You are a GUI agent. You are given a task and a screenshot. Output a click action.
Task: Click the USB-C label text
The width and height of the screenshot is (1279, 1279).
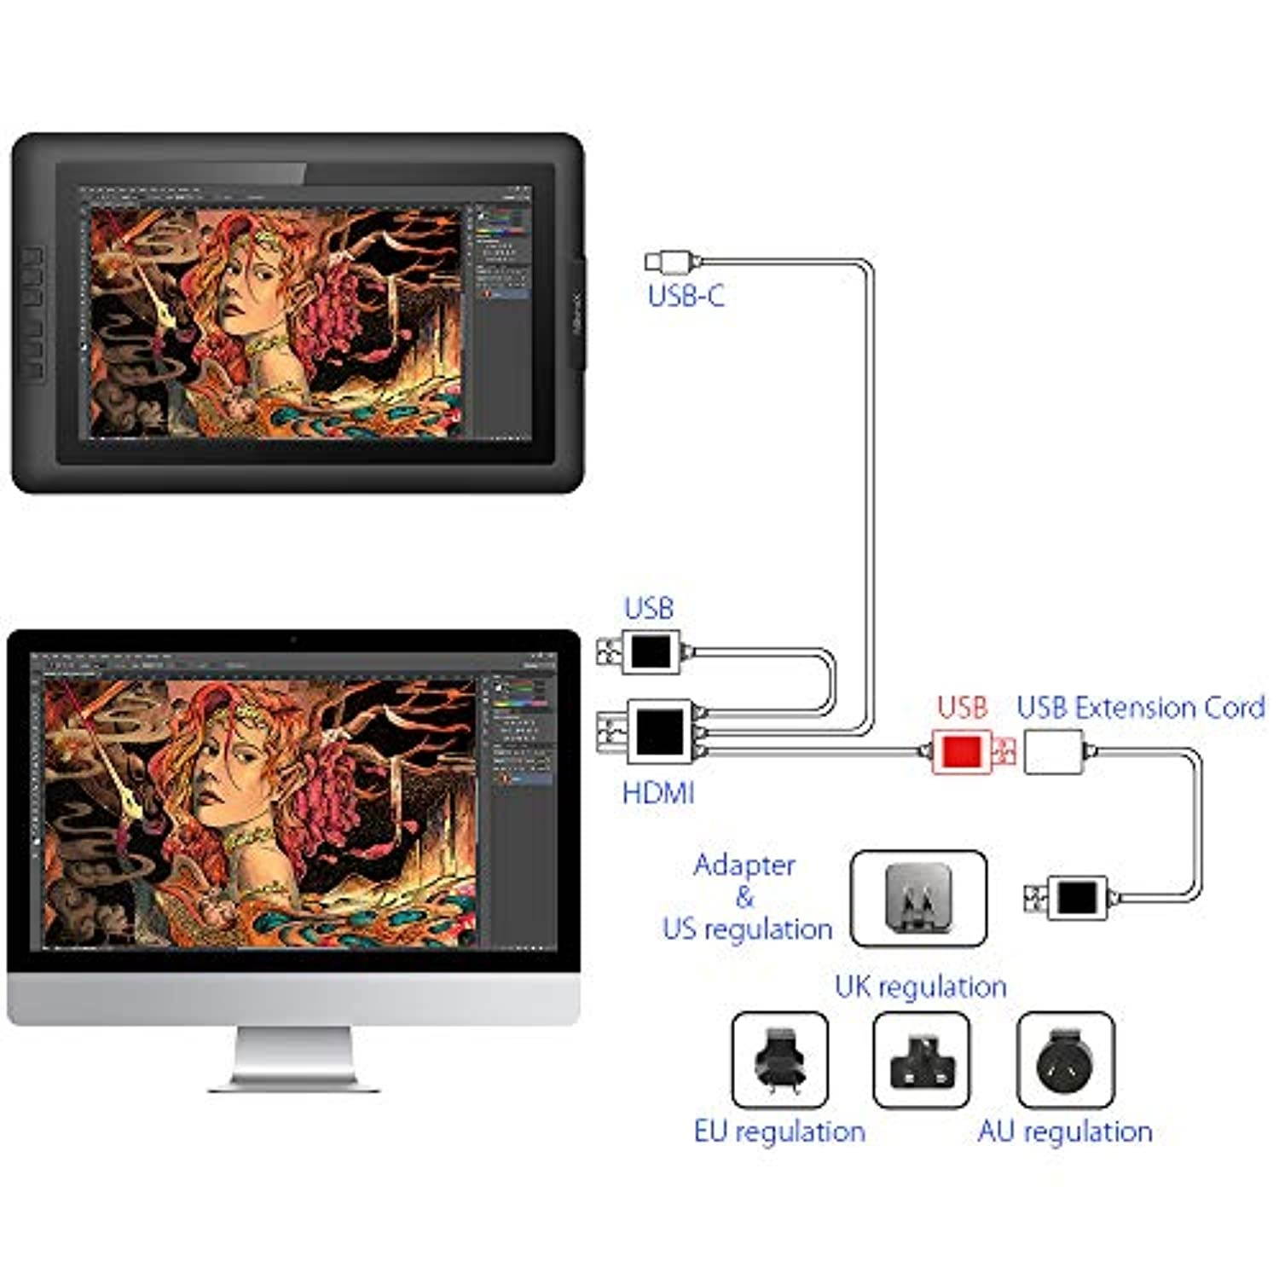(x=686, y=296)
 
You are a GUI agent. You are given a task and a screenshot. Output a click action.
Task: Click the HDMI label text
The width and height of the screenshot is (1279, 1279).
(x=658, y=793)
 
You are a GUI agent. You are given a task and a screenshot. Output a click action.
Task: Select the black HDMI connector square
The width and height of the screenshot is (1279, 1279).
(x=660, y=732)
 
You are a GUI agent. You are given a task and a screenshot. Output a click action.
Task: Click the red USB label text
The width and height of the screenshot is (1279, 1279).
(x=962, y=707)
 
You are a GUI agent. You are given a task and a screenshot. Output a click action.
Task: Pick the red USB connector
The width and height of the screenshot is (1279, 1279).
(x=963, y=751)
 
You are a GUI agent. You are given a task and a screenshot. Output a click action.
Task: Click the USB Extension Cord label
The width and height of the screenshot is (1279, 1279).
(x=1140, y=707)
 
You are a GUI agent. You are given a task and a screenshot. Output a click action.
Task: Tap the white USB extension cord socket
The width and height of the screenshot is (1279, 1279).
(x=1054, y=751)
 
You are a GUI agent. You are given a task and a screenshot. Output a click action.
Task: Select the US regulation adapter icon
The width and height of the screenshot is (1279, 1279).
(x=918, y=898)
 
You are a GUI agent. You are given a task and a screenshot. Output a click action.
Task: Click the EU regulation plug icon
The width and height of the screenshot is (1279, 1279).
(x=779, y=1060)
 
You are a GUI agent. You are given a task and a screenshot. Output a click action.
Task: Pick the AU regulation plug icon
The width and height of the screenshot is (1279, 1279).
(x=1065, y=1060)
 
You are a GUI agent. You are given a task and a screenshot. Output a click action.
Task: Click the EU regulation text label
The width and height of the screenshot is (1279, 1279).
(x=779, y=1131)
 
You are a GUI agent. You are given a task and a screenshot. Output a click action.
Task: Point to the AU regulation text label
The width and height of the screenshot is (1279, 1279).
(x=1065, y=1131)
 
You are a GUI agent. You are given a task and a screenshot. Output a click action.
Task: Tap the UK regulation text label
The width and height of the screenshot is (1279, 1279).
(x=920, y=987)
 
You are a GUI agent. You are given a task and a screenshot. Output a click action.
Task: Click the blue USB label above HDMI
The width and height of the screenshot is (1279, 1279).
(x=648, y=608)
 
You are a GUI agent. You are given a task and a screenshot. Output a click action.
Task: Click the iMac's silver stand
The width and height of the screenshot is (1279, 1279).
(x=294, y=1057)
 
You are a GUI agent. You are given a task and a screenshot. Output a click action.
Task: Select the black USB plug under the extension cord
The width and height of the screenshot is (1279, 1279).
(x=1076, y=897)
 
